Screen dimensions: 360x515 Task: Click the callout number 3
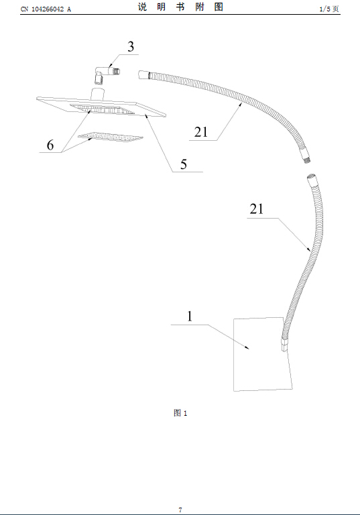(x=131, y=47)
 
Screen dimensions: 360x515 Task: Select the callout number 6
(x=50, y=145)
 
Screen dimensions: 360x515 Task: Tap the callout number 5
(x=183, y=164)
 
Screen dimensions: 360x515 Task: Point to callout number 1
(x=190, y=317)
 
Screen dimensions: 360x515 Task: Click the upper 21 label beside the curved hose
(x=201, y=132)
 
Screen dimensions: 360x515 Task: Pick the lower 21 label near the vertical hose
(x=257, y=209)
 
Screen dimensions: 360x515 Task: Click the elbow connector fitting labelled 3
(x=107, y=74)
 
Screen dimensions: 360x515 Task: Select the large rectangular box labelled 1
(x=263, y=354)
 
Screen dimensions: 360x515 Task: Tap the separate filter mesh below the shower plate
(x=111, y=137)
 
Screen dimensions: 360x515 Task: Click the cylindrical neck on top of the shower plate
(x=98, y=94)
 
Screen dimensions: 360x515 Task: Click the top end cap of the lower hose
(x=311, y=180)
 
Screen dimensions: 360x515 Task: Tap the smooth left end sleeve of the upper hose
(x=143, y=74)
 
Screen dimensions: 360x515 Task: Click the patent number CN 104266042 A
(x=46, y=9)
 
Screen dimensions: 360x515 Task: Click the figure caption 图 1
(x=180, y=413)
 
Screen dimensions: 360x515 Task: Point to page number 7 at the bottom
(x=180, y=510)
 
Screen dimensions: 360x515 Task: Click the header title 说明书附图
(x=180, y=7)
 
